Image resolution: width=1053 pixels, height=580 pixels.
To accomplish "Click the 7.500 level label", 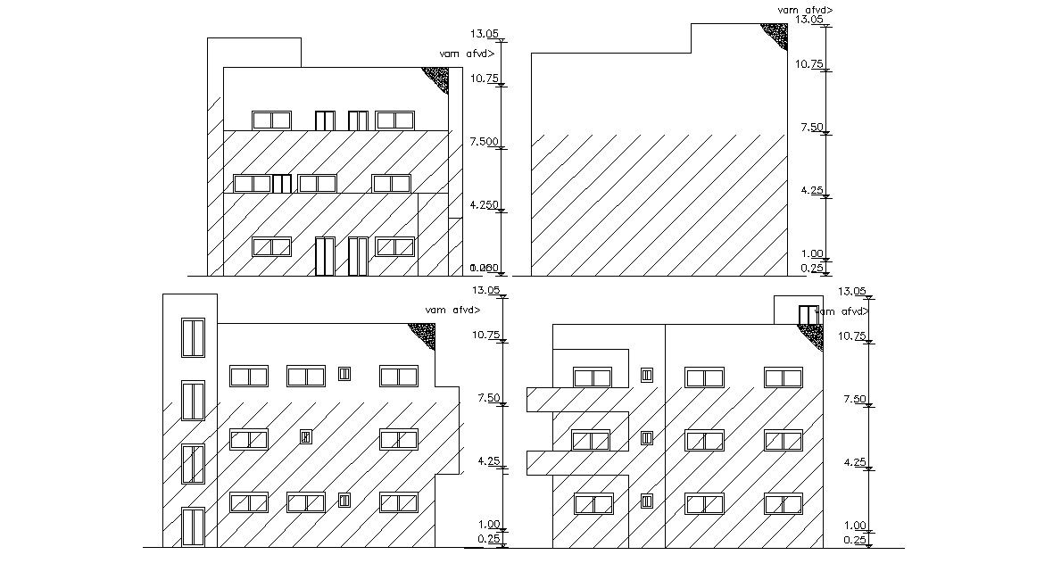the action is [483, 142].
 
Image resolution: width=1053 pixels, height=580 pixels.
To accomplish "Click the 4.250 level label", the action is [483, 205].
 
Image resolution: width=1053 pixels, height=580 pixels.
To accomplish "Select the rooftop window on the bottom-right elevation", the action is [807, 315].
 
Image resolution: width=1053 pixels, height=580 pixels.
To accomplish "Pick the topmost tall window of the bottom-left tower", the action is [193, 337].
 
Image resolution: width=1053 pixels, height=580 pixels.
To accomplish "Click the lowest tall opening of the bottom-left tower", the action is [193, 526].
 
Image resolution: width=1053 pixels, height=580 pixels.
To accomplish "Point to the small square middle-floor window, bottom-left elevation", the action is [305, 437].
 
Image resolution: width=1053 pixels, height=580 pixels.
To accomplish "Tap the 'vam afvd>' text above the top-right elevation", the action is [805, 10].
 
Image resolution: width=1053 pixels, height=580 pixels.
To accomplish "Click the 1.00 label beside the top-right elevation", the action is [811, 254].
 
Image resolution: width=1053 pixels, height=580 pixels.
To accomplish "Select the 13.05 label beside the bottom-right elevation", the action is [852, 292].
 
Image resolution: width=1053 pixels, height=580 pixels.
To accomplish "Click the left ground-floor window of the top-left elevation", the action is [271, 246].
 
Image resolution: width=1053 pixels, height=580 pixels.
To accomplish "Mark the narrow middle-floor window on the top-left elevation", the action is [282, 184].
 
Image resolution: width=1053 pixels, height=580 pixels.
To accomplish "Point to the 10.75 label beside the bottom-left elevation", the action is [485, 335].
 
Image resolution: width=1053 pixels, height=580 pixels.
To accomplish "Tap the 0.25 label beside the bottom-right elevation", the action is [855, 540].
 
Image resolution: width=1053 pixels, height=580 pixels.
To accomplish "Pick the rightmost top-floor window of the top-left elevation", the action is [394, 120].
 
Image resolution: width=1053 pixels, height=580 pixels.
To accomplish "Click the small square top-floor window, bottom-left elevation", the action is [344, 375].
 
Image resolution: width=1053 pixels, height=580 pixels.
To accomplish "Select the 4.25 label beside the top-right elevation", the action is [811, 191].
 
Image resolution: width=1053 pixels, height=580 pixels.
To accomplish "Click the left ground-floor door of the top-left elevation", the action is [325, 256].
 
